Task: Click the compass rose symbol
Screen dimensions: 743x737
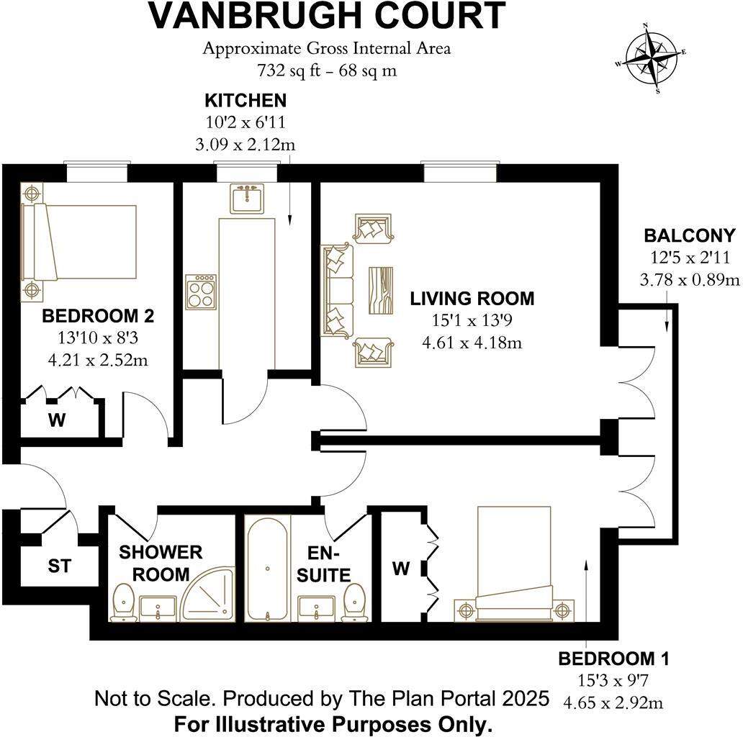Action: pyautogui.click(x=651, y=59)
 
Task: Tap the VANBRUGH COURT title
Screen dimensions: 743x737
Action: pyautogui.click(x=327, y=17)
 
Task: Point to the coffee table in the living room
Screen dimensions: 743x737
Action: pyautogui.click(x=382, y=289)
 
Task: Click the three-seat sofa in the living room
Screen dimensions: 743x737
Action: pyautogui.click(x=338, y=289)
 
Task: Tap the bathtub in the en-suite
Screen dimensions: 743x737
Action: pyautogui.click(x=267, y=569)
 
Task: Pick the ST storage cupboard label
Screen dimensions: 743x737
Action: pyautogui.click(x=60, y=566)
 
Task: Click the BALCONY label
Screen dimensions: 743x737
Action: pyautogui.click(x=690, y=235)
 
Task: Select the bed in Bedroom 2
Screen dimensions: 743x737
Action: pyautogui.click(x=81, y=242)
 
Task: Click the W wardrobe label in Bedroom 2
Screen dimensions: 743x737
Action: pyautogui.click(x=57, y=420)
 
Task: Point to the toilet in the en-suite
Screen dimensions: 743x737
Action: pyautogui.click(x=354, y=602)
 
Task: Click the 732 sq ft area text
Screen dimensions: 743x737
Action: pyautogui.click(x=327, y=71)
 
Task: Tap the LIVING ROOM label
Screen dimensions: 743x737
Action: pyautogui.click(x=472, y=298)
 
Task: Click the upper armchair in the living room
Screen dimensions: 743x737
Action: pyautogui.click(x=372, y=227)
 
